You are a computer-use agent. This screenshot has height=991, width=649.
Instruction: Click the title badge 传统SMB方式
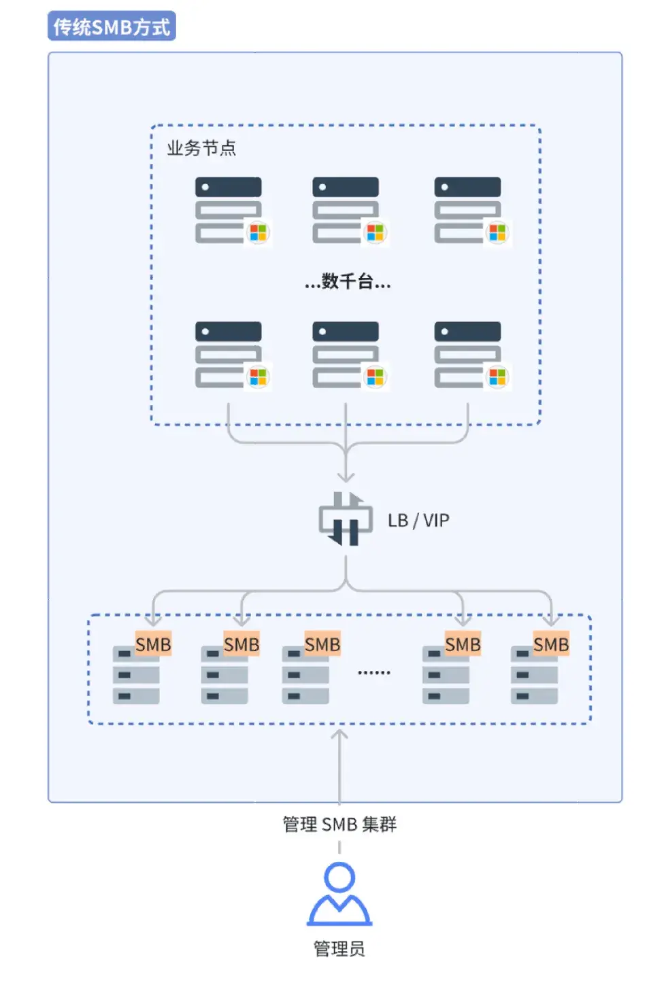pos(112,27)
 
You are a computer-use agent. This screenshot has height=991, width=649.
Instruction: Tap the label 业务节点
pos(201,148)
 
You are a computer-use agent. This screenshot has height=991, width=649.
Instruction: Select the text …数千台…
pos(348,281)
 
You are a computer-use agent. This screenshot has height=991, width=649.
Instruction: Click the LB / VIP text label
pos(418,521)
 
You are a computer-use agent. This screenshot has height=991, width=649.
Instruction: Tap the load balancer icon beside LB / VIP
pos(346,520)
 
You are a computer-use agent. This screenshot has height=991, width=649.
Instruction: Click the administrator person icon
pos(339,894)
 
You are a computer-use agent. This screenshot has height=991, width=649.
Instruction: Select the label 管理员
pos(339,948)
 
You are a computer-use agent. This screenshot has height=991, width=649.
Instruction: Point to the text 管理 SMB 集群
pos(339,824)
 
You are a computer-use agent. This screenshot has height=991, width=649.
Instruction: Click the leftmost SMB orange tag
pos(153,644)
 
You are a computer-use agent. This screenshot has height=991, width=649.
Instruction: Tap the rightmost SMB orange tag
pos(550,644)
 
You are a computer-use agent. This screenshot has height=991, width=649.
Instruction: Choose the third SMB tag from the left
pos(322,644)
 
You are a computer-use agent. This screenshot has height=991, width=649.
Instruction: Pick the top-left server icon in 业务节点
pos(228,210)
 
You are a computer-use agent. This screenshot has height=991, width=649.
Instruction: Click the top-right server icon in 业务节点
pos(467,210)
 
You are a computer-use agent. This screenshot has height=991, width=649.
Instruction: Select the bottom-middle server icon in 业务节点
pos(346,355)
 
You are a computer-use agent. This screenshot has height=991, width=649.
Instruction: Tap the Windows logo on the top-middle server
pos(376,232)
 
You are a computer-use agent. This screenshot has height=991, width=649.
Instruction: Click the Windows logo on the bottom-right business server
pos(498,377)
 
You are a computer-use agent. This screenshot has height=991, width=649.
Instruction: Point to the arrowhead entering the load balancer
pos(346,477)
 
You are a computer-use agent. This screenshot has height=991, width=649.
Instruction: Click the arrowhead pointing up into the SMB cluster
pos(339,735)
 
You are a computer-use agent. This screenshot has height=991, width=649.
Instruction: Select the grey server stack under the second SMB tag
pos(224,676)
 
